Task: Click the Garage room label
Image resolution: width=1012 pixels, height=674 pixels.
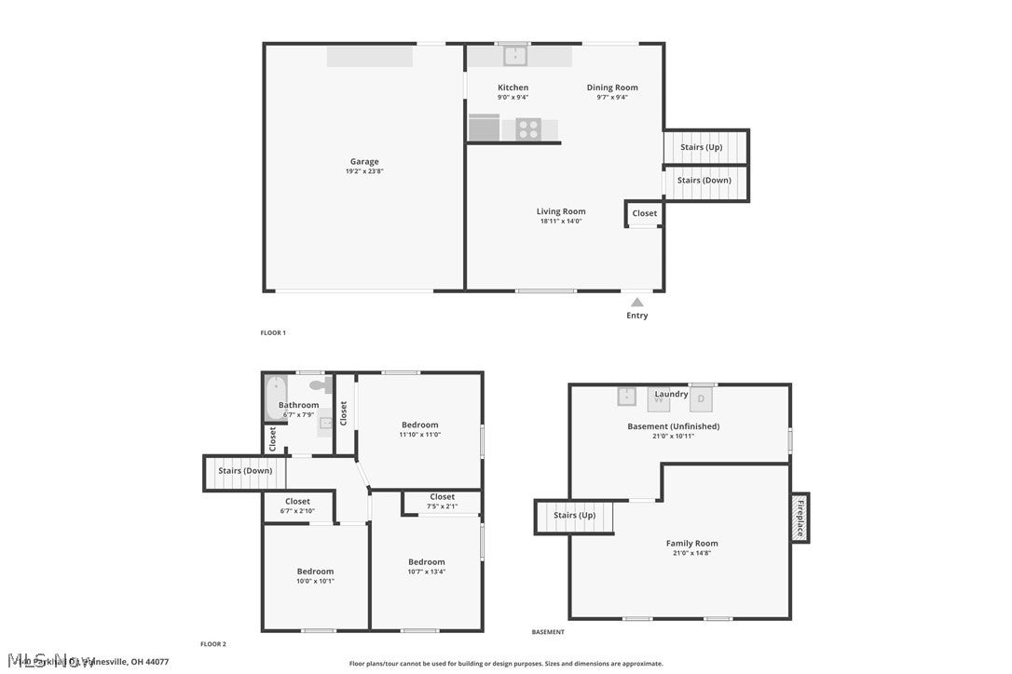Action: point(364,161)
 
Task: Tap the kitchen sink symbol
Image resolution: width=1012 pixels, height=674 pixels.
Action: point(515,56)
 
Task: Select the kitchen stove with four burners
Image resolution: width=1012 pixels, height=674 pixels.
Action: point(528,129)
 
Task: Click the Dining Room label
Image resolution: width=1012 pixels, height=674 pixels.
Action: point(612,88)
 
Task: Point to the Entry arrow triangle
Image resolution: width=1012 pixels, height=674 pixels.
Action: point(636,302)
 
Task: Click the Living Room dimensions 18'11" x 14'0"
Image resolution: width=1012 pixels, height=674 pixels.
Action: point(562,222)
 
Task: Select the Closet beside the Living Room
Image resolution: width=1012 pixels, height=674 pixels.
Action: point(644,213)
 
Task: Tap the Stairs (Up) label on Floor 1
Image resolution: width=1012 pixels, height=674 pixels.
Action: point(701,147)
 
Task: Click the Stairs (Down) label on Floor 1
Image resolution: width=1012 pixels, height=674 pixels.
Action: point(704,180)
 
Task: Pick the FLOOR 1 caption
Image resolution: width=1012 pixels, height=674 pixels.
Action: point(273,332)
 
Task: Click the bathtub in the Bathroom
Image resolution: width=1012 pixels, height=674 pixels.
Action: point(274,398)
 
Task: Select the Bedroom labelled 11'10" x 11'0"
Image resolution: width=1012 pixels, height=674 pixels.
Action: point(420,425)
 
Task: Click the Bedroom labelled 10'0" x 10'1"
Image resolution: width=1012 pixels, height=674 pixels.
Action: point(315,572)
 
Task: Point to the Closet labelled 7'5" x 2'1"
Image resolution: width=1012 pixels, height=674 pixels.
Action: point(443,497)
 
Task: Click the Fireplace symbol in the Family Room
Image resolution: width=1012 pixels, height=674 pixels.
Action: point(799,518)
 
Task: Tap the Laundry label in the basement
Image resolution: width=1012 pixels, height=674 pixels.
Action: point(671,394)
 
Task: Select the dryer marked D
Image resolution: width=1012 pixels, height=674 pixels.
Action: point(703,398)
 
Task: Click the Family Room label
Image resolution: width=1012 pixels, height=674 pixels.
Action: point(691,543)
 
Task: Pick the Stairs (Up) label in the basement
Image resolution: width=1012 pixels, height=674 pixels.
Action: point(574,515)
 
